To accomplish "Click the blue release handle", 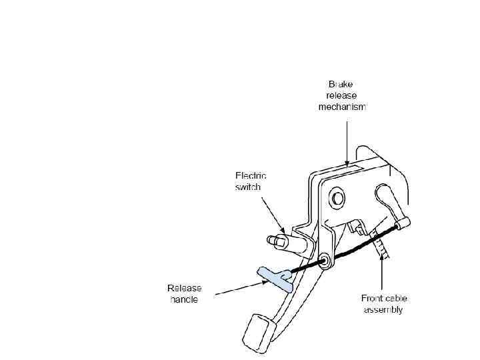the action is tap(274, 278).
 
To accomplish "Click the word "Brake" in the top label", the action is tap(341, 85).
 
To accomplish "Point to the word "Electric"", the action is tap(251, 176).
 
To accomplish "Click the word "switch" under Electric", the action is tap(247, 187).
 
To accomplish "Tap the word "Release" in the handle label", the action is tap(185, 289).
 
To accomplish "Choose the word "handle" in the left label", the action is tap(183, 300).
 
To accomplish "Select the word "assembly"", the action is tap(383, 310).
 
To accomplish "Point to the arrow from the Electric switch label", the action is tap(273, 213).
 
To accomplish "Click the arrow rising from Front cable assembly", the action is tap(382, 273).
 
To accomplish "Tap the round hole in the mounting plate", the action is tap(337, 198).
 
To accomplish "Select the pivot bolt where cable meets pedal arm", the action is tap(325, 261).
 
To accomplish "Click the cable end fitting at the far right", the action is tap(402, 227).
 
